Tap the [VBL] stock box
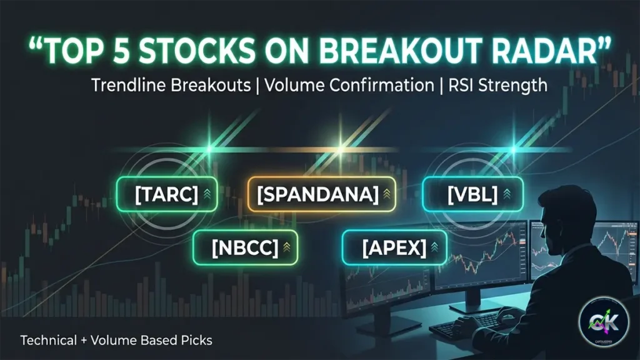472,195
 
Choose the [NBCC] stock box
245,248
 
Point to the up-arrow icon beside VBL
507,195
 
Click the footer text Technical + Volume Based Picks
116,341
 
